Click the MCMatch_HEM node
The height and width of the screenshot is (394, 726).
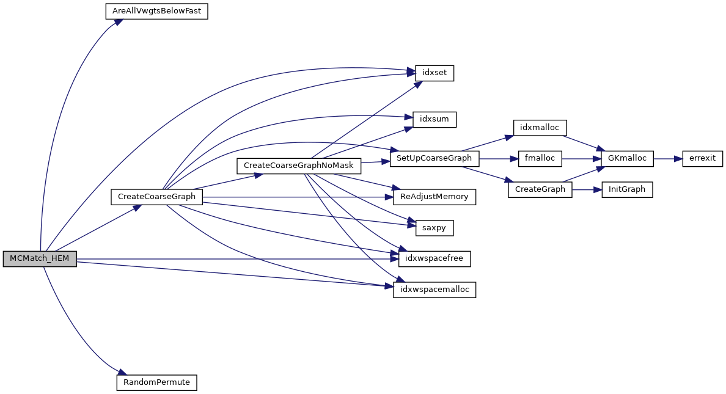[40, 259]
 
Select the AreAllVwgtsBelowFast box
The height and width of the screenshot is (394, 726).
[157, 12]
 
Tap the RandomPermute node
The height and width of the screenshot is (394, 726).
[157, 383]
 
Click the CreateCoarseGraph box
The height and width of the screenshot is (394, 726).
[157, 197]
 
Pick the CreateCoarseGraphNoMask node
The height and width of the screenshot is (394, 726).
[299, 165]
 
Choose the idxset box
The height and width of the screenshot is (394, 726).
[435, 73]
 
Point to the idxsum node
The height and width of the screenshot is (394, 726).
[435, 119]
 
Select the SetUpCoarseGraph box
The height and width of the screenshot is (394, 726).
[435, 158]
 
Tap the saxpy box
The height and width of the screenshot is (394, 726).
[435, 228]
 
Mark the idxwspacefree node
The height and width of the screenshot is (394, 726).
[435, 259]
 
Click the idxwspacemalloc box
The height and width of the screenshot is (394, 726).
[435, 290]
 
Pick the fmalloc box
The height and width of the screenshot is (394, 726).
[540, 158]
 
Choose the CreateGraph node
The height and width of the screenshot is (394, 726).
[540, 189]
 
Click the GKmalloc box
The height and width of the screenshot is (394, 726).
[627, 158]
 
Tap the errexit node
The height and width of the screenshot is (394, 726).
[702, 158]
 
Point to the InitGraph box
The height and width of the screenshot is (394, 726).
[627, 189]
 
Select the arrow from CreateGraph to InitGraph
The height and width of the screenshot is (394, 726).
[587, 189]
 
